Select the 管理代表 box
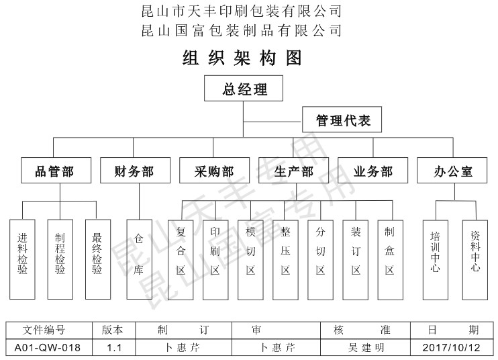pyautogui.click(x=343, y=121)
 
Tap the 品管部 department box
pyautogui.click(x=54, y=171)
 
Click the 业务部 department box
pyautogui.click(x=372, y=171)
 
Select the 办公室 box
pyautogui.click(x=453, y=171)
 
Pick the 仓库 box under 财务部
pyautogui.click(x=139, y=259)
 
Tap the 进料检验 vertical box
pyautogui.click(x=23, y=259)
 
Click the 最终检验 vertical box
pyautogui.click(x=97, y=259)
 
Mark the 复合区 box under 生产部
pyautogui.click(x=181, y=259)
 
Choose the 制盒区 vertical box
pyautogui.click(x=390, y=259)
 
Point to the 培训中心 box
pyautogui.click(x=436, y=259)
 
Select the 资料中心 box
pyautogui.click(x=475, y=259)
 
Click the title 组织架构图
pyautogui.click(x=243, y=58)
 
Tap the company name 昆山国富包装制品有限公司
pyautogui.click(x=243, y=30)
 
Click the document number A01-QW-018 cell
pyautogui.click(x=48, y=348)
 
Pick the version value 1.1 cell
pyautogui.click(x=113, y=348)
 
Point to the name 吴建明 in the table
pyautogui.click(x=366, y=348)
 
